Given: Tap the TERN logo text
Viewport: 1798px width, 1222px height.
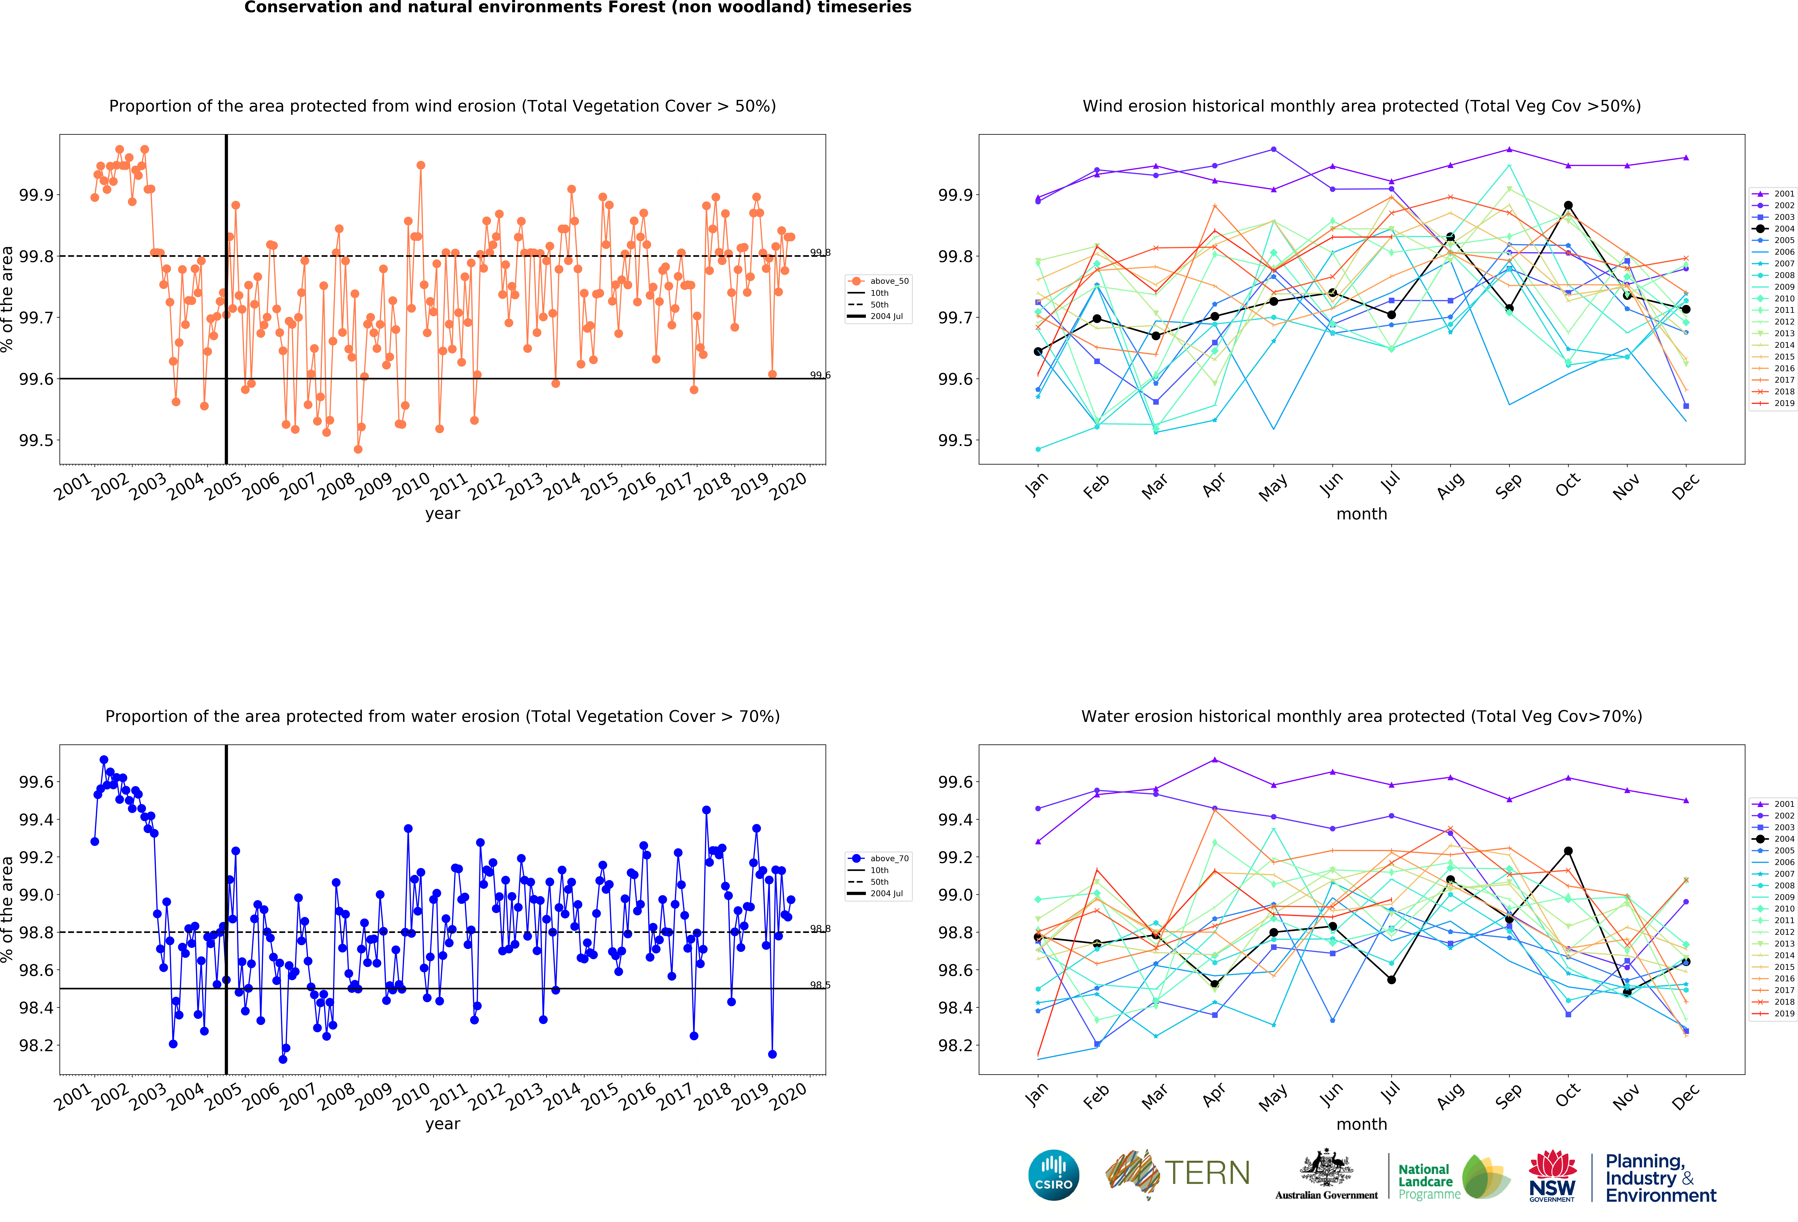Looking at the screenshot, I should tap(1207, 1173).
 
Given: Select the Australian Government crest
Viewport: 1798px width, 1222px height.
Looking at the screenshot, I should tap(1326, 1169).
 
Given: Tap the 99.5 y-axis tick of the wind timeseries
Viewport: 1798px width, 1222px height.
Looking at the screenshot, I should tap(36, 440).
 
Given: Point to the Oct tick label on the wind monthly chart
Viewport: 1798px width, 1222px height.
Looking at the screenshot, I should tap(1567, 485).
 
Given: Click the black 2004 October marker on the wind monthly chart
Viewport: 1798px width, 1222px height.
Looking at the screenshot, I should tap(1568, 206).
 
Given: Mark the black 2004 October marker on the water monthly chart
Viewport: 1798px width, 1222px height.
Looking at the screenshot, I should tap(1568, 851).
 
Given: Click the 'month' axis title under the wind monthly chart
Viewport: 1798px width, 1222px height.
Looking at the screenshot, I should tap(1362, 514).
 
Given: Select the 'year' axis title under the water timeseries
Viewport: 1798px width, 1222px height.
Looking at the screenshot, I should tap(443, 1124).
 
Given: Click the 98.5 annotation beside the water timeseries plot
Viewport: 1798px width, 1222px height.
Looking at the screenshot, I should tap(820, 985).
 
